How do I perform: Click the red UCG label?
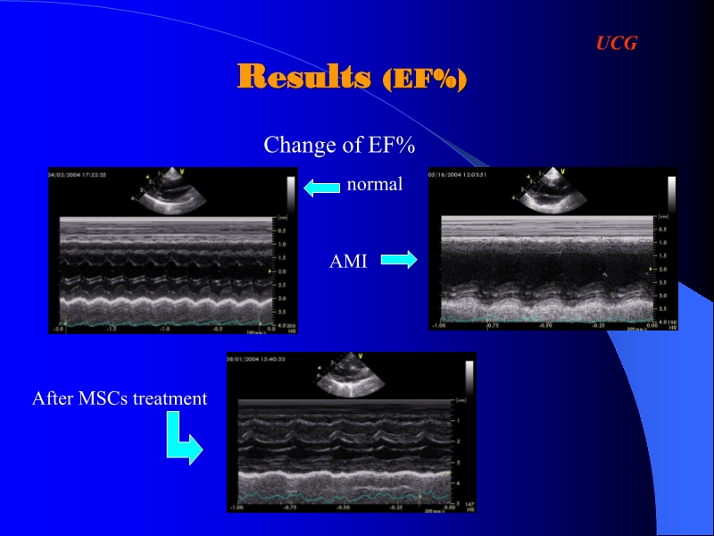tap(616, 43)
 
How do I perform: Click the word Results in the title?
tap(303, 77)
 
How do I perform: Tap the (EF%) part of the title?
tap(424, 80)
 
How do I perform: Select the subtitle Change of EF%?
tap(339, 145)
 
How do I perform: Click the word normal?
tap(375, 185)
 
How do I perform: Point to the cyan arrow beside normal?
tap(322, 187)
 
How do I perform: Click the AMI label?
tap(348, 262)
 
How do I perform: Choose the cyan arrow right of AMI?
tap(399, 260)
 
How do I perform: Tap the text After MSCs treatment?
tap(120, 398)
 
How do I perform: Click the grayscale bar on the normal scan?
tap(290, 193)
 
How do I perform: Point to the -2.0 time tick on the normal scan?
tap(61, 329)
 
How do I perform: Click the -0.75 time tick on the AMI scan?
tap(491, 326)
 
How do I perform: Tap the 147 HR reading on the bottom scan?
tap(469, 506)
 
